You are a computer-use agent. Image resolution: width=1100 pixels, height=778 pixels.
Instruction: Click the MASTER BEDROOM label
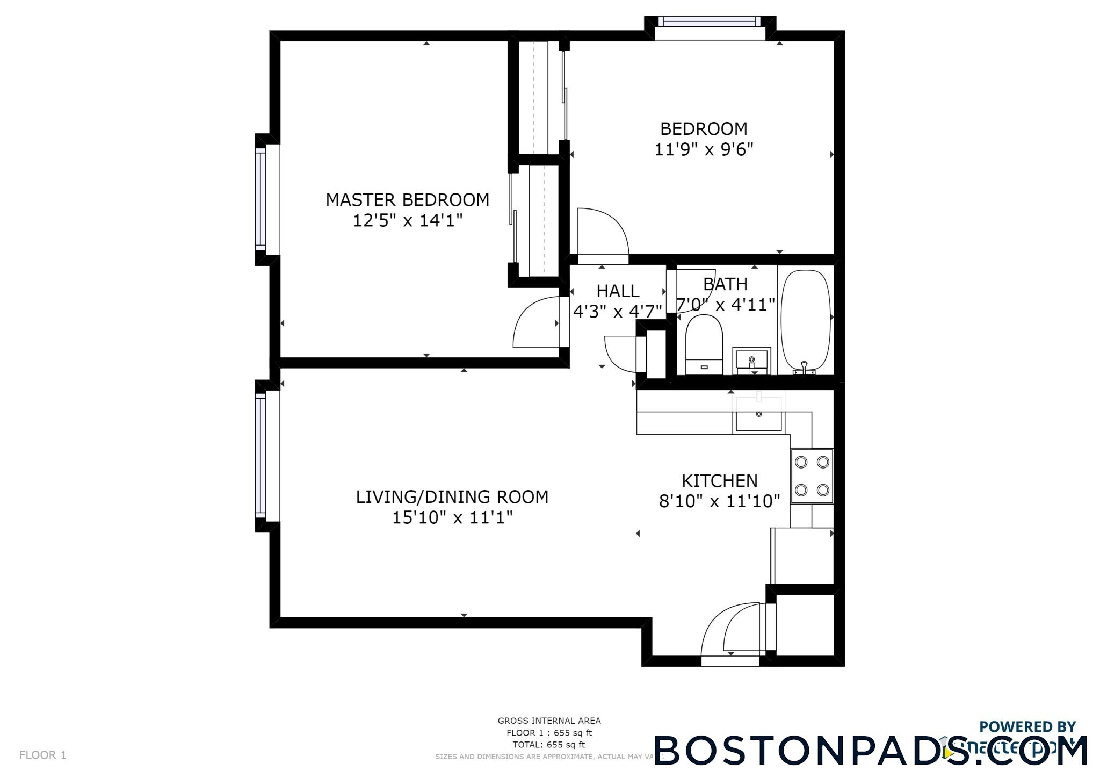(407, 200)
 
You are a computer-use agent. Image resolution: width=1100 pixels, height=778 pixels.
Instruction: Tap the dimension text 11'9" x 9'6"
(704, 149)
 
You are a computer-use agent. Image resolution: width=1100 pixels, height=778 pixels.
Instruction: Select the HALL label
(618, 291)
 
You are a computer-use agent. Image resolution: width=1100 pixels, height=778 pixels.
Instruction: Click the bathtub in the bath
(805, 321)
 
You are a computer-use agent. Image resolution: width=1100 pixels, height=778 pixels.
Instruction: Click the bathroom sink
(752, 361)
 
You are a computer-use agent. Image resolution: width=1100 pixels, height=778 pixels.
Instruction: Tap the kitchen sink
(759, 414)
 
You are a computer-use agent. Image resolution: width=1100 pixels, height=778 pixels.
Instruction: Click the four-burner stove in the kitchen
(812, 476)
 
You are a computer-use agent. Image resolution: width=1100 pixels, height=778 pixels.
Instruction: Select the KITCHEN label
(719, 481)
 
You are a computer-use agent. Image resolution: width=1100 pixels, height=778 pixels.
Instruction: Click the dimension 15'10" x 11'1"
(452, 518)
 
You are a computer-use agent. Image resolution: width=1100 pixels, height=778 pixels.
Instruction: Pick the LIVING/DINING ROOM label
(452, 497)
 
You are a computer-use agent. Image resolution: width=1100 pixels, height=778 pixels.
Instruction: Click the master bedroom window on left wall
(261, 199)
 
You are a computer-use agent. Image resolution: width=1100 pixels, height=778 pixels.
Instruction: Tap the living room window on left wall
(261, 456)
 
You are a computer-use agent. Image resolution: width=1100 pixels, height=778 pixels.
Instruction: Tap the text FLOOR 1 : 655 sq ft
(549, 733)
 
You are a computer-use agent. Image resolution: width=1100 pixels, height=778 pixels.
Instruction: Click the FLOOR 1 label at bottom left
(43, 755)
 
